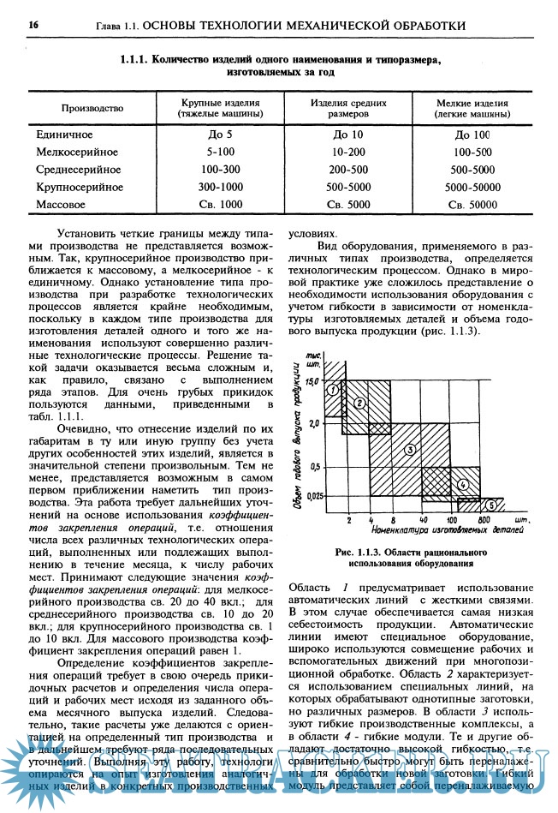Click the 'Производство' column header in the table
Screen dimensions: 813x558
(92, 109)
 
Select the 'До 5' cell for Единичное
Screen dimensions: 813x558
(220, 135)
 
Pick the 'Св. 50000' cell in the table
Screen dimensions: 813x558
(472, 205)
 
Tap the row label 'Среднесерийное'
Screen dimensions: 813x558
(79, 170)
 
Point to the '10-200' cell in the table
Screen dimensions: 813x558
(348, 152)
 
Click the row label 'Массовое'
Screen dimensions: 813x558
(62, 205)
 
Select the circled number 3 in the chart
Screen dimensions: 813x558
(410, 449)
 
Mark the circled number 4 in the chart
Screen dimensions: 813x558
(463, 484)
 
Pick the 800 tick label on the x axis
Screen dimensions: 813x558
(484, 520)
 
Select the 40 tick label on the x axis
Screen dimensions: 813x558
(423, 520)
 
